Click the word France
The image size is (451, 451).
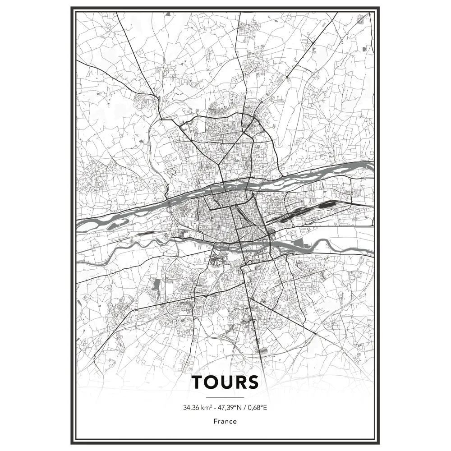tap(225, 422)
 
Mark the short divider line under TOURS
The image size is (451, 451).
tap(225, 397)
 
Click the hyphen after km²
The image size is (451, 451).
tap(215, 408)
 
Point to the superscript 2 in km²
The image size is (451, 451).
tap(211, 406)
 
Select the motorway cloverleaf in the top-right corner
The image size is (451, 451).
tap(360, 19)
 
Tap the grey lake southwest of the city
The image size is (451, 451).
tap(156, 285)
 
